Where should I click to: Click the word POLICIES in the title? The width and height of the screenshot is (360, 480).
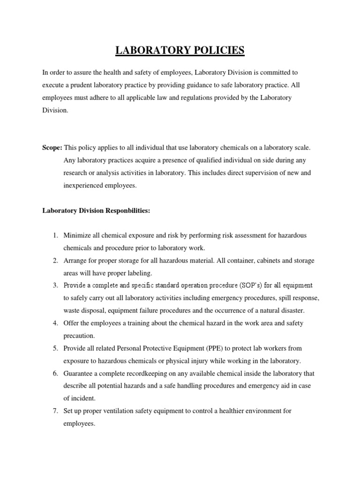click(x=216, y=50)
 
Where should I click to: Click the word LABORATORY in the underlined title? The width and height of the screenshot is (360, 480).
click(x=150, y=50)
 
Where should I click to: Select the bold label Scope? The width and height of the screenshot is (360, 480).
click(x=52, y=148)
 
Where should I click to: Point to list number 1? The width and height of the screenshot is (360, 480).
click(x=55, y=235)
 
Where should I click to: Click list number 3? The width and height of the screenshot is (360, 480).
click(x=55, y=285)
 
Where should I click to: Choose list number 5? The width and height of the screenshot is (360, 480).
click(x=55, y=348)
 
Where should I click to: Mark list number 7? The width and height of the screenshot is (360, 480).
click(x=55, y=411)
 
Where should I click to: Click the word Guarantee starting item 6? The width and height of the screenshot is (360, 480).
click(x=78, y=374)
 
